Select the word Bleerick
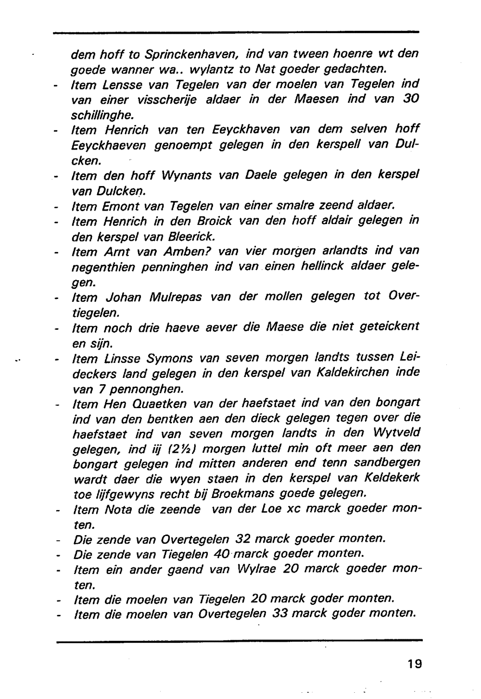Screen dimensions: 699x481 (189, 237)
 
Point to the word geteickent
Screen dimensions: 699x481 (389, 327)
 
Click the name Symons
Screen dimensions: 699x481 (170, 358)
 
